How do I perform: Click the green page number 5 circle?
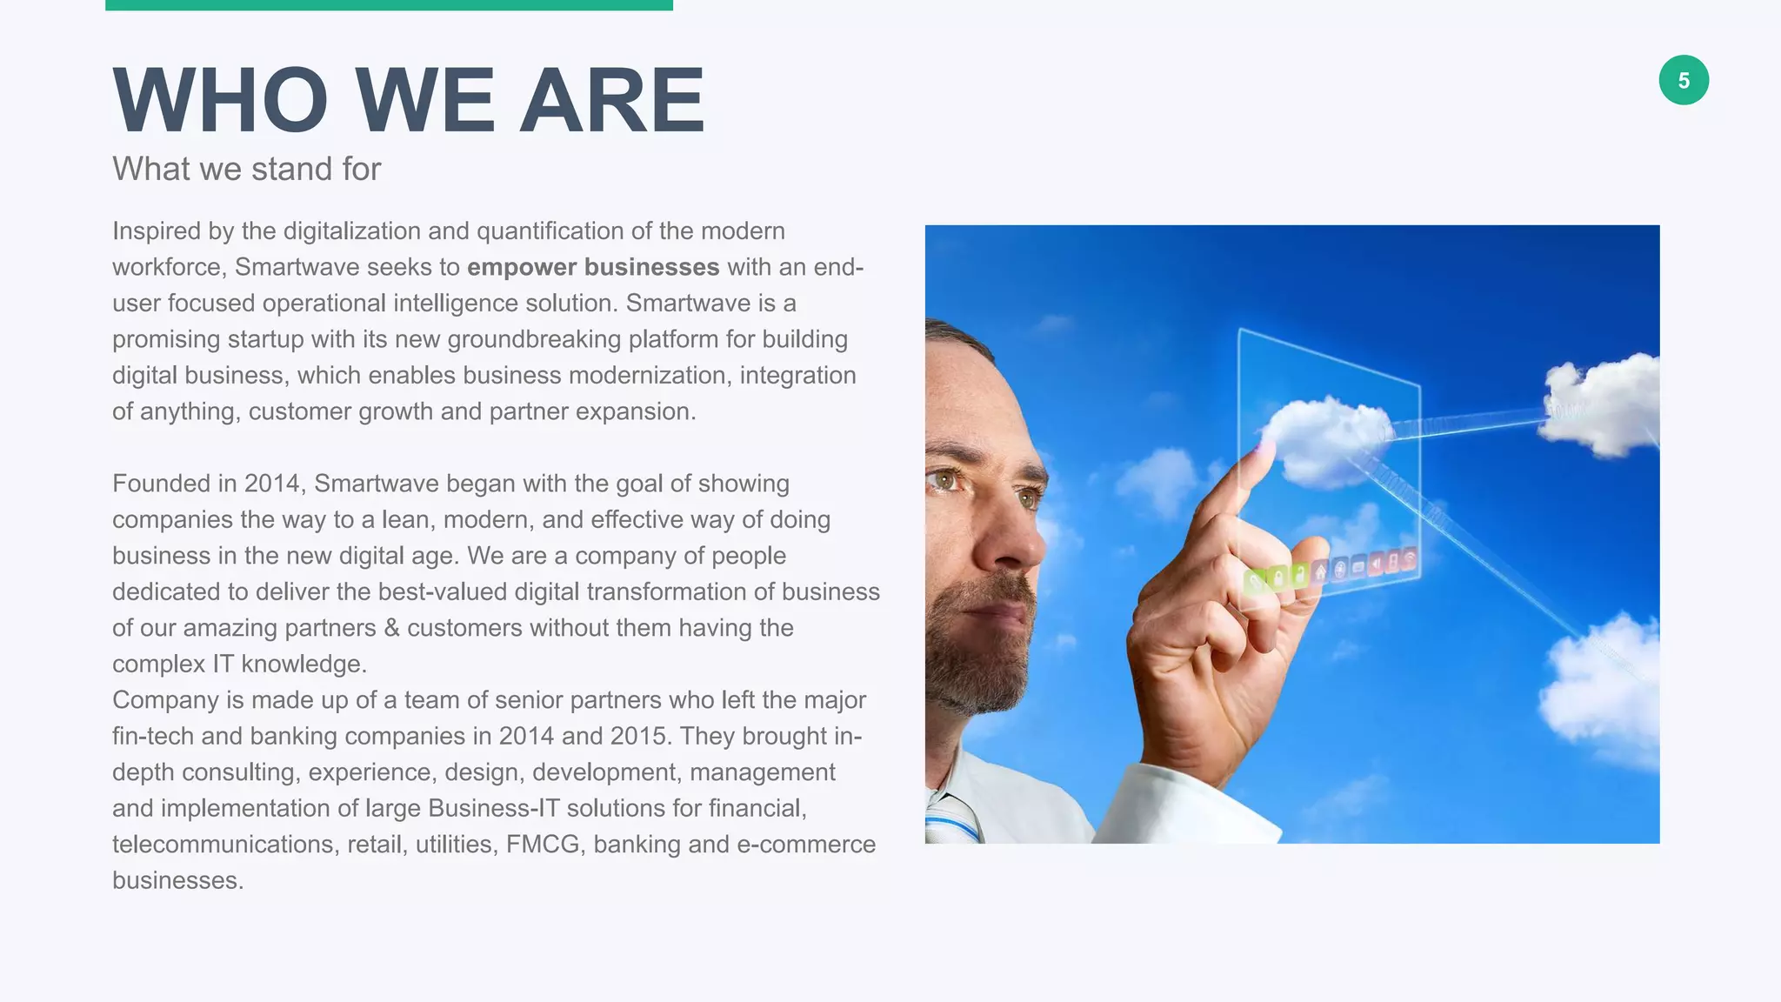[x=1684, y=80]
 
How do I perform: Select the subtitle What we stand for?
[x=246, y=169]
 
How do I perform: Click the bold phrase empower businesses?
[x=593, y=267]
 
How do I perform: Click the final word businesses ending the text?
[x=177, y=880]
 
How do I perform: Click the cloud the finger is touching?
[x=1322, y=439]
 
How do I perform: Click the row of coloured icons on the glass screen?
[x=1331, y=570]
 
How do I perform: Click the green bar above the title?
[x=389, y=5]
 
